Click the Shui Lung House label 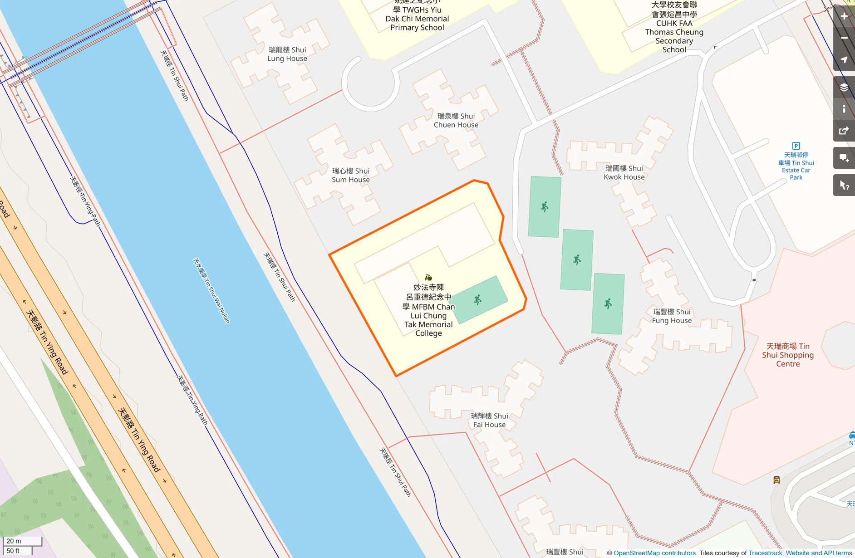pyautogui.click(x=287, y=54)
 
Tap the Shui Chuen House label pyautogui.click(x=456, y=120)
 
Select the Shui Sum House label pyautogui.click(x=350, y=175)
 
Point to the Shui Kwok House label pyautogui.click(x=624, y=172)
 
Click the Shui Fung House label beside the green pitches pyautogui.click(x=672, y=316)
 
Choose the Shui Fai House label pyautogui.click(x=489, y=420)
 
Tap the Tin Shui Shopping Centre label pyautogui.click(x=788, y=355)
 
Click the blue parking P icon pyautogui.click(x=796, y=146)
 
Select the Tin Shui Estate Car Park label pyautogui.click(x=796, y=166)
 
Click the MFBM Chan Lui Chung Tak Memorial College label pyautogui.click(x=428, y=310)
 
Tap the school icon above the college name pyautogui.click(x=428, y=277)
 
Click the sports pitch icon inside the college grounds pyautogui.click(x=477, y=300)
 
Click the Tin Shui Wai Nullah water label pyautogui.click(x=211, y=290)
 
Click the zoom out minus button pyautogui.click(x=844, y=38)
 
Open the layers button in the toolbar pyautogui.click(x=844, y=87)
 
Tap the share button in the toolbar pyautogui.click(x=844, y=131)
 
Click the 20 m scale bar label pyautogui.click(x=14, y=541)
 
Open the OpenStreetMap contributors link pyautogui.click(x=654, y=553)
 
